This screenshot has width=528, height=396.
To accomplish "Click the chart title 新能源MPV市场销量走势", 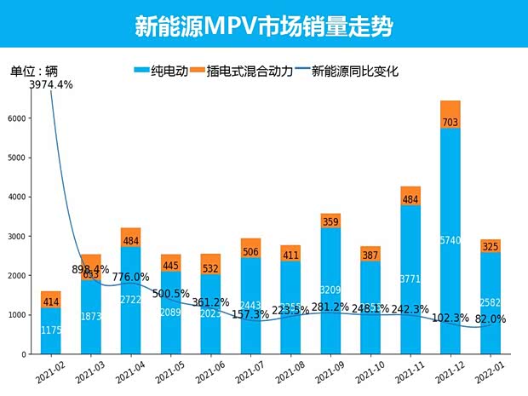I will point(263,26).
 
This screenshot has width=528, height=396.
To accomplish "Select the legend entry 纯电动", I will point(162,72).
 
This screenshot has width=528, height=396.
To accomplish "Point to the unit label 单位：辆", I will point(34,71).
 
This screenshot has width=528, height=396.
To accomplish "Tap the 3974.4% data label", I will point(39,84).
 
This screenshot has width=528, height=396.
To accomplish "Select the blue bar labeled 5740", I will point(450,241).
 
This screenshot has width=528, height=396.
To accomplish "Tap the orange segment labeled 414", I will point(50,300).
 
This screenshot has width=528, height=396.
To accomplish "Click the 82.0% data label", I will point(491,319).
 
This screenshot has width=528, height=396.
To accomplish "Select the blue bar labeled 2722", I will point(130,300).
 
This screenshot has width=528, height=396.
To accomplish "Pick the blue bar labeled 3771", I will point(410,279).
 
